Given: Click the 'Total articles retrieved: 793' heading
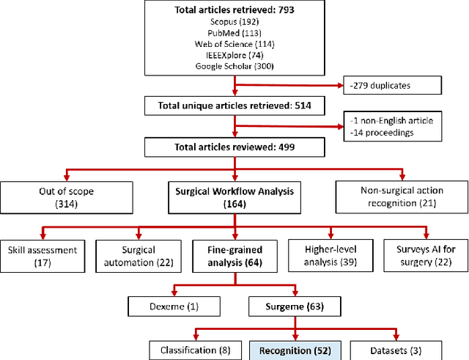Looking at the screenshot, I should (234, 11).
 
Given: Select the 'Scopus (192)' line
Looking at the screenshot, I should (234, 22).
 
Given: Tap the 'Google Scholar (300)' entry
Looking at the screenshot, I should (234, 66).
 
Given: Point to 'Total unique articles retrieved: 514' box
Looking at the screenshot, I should (234, 106).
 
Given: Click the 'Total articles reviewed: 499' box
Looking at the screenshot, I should (234, 146).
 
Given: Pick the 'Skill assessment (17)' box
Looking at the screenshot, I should (42, 254).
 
